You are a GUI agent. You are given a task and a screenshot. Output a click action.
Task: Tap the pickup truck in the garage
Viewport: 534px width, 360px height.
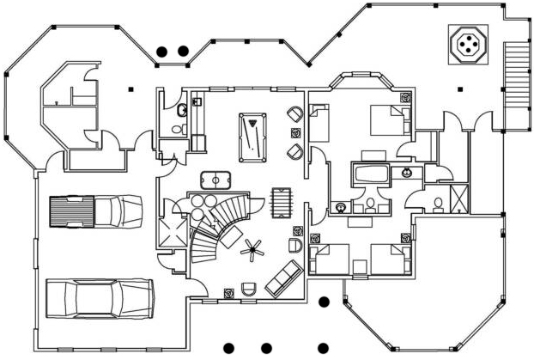[x=94, y=211]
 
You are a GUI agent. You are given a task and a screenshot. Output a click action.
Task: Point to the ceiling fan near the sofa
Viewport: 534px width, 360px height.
[x=253, y=251]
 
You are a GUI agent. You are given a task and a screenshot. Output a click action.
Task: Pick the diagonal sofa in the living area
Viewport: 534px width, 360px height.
[x=283, y=278]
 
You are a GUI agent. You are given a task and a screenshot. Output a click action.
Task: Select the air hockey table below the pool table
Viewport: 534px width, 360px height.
[x=218, y=180]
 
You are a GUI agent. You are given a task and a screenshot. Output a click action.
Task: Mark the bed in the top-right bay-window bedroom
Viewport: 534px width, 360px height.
[x=389, y=119]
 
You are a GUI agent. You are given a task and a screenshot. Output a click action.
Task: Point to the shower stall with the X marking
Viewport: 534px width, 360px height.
[x=459, y=198]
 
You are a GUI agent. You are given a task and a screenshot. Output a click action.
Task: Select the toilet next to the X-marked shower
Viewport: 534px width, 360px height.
[x=438, y=203]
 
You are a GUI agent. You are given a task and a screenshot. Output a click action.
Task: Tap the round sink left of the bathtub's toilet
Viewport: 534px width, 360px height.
[x=343, y=206]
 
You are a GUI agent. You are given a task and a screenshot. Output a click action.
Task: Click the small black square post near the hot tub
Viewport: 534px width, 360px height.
[x=460, y=88]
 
